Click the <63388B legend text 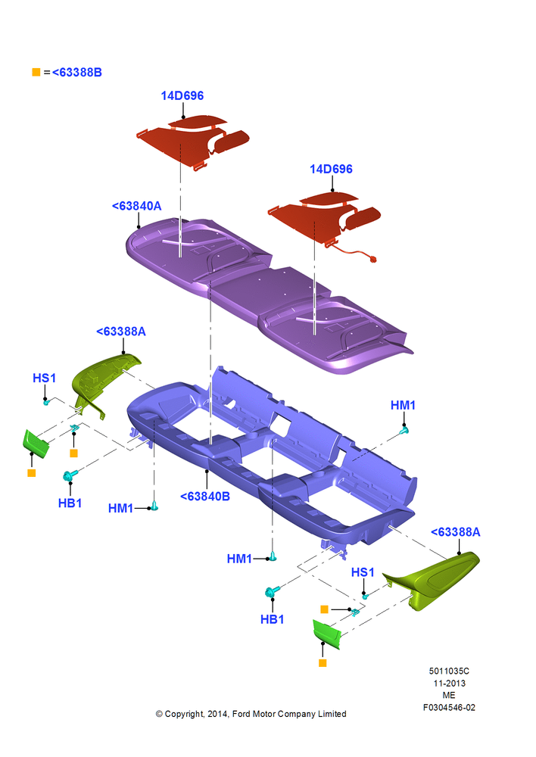[76, 73]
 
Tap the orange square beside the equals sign [36, 72]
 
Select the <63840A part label [137, 206]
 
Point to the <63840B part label [204, 497]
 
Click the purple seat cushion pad [270, 294]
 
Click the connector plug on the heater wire [372, 260]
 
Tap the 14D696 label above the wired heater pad [331, 170]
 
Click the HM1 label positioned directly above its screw [403, 406]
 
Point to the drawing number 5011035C [449, 671]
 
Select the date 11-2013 [449, 683]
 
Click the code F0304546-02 [449, 708]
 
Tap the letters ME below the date [449, 695]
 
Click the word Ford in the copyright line [241, 714]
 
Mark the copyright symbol [159, 714]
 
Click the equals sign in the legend [47, 73]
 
